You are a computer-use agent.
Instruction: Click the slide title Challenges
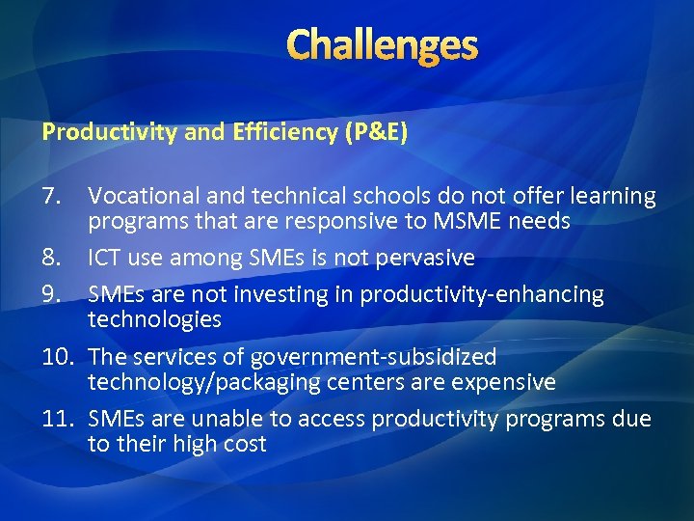tap(382, 44)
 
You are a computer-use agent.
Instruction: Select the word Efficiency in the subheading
tap(281, 132)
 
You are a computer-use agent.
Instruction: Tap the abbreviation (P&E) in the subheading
tap(376, 132)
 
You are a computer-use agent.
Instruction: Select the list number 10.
tap(58, 358)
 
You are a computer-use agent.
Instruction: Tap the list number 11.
tap(58, 420)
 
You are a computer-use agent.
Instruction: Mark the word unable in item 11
tap(217, 420)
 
